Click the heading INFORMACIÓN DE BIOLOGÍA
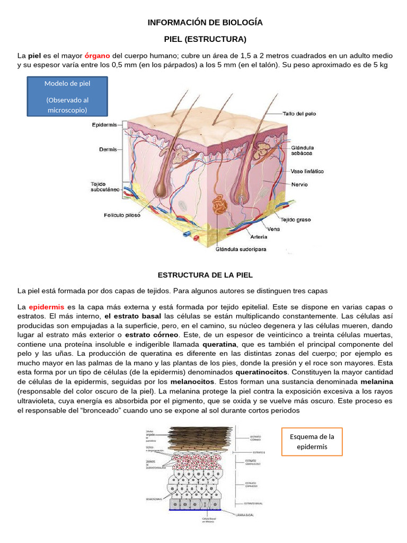pyautogui.click(x=205, y=23)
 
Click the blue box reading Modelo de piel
pyautogui.click(x=67, y=97)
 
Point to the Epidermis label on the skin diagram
pyautogui.click(x=104, y=125)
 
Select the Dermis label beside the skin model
pyautogui.click(x=108, y=150)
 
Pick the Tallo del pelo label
pyautogui.click(x=299, y=113)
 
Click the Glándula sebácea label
pyautogui.click(x=302, y=150)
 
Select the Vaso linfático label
pyautogui.click(x=307, y=171)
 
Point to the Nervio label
pyautogui.click(x=299, y=185)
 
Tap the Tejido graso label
pyautogui.click(x=295, y=220)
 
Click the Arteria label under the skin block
pyautogui.click(x=259, y=237)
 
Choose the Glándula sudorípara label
pyautogui.click(x=241, y=248)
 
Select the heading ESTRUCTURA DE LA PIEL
pyautogui.click(x=205, y=275)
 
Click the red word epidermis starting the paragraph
pyautogui.click(x=47, y=307)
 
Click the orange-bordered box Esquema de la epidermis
pyautogui.click(x=312, y=442)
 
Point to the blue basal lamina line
pyautogui.click(x=196, y=510)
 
